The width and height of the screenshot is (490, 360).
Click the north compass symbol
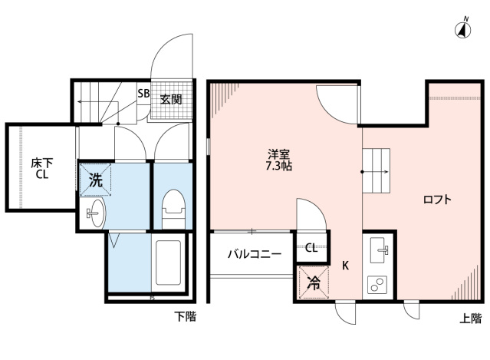pyautogui.click(x=463, y=30)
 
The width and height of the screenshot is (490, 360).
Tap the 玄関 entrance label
pyautogui.click(x=171, y=98)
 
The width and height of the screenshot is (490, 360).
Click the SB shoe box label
pyautogui.click(x=143, y=94)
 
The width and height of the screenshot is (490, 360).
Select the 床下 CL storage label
pyautogui.click(x=41, y=167)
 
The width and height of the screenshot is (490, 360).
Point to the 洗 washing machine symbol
pyautogui.click(x=95, y=181)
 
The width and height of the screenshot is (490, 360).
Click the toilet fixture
pyautogui.click(x=173, y=208)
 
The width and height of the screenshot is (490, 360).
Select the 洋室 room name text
pyautogui.click(x=278, y=153)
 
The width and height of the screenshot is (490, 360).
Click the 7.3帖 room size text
pyautogui.click(x=278, y=165)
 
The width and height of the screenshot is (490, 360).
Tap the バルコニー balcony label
pyautogui.click(x=254, y=253)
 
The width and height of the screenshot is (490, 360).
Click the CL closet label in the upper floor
pyautogui.click(x=311, y=248)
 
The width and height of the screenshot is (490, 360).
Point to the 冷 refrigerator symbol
pyautogui.click(x=313, y=282)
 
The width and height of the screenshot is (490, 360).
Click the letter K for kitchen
pyautogui.click(x=346, y=266)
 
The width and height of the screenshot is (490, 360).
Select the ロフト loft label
pyautogui.click(x=437, y=200)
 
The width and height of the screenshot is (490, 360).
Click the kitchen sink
pyautogui.click(x=379, y=250)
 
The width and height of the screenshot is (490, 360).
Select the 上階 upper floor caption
pyautogui.click(x=471, y=317)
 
